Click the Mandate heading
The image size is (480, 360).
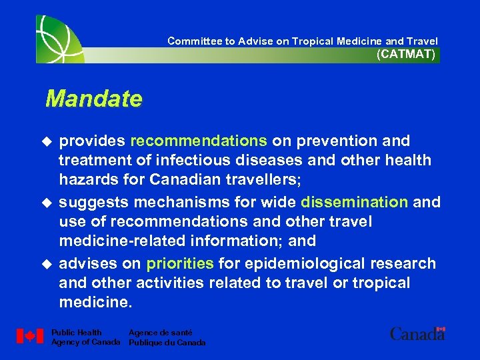[93, 99]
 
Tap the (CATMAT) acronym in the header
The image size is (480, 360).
[406, 55]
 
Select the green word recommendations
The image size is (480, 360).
[199, 141]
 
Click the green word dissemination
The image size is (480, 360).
[354, 202]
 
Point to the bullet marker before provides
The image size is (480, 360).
[46, 141]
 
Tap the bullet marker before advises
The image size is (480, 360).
[46, 264]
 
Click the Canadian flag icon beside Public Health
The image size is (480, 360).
[30, 337]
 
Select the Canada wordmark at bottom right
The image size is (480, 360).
[417, 333]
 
